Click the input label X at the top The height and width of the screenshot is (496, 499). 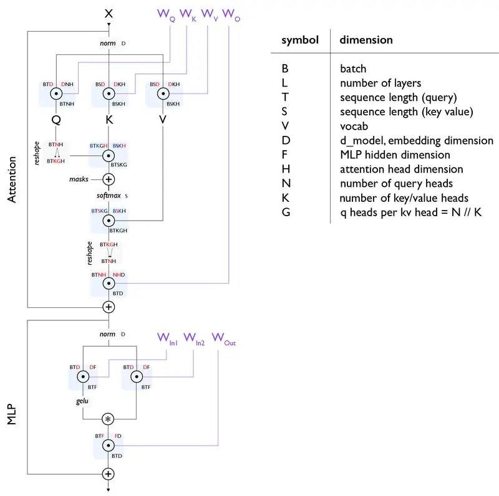109,13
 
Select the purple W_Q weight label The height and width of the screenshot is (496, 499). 166,15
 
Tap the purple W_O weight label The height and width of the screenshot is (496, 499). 231,15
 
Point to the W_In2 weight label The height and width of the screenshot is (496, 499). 194,338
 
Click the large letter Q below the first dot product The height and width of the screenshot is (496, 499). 56,120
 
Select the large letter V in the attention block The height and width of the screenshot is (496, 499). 163,120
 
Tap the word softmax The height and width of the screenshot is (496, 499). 109,195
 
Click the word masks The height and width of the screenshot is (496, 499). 79,179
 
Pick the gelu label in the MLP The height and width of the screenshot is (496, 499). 82,401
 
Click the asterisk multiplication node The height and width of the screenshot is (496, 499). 108,419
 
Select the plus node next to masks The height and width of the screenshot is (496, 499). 109,179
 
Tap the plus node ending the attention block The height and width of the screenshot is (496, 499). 109,307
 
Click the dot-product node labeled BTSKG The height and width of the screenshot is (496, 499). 109,156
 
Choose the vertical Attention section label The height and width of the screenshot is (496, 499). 12,179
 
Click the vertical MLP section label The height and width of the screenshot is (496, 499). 12,414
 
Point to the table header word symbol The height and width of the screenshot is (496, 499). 300,40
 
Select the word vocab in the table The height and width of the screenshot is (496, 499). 354,126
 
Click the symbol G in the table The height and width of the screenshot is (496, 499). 286,212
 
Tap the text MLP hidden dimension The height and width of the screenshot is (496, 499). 395,155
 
